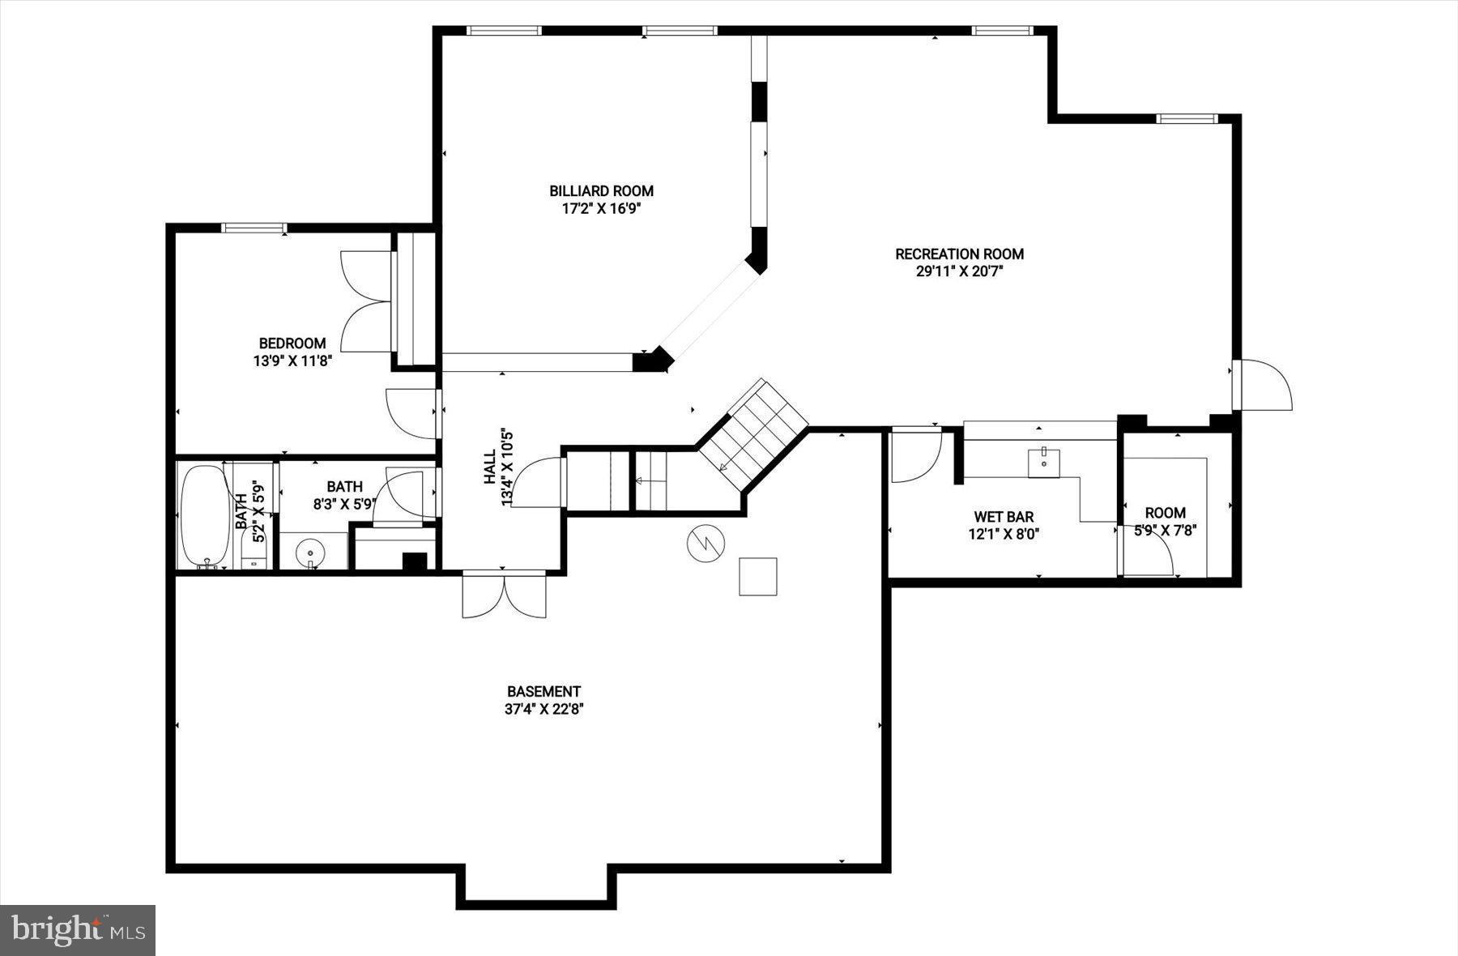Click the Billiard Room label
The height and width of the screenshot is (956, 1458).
tap(601, 191)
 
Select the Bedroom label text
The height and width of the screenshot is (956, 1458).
tap(292, 344)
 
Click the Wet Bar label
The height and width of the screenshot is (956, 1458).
tap(1004, 517)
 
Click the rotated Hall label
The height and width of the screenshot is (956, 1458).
tap(490, 467)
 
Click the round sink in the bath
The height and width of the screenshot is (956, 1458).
tap(310, 553)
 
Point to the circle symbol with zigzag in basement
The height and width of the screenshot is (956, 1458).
tap(706, 543)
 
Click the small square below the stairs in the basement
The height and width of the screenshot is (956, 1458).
tap(758, 577)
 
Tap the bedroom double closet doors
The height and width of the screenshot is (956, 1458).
tap(366, 301)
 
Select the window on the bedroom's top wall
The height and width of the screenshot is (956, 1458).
tap(254, 228)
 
